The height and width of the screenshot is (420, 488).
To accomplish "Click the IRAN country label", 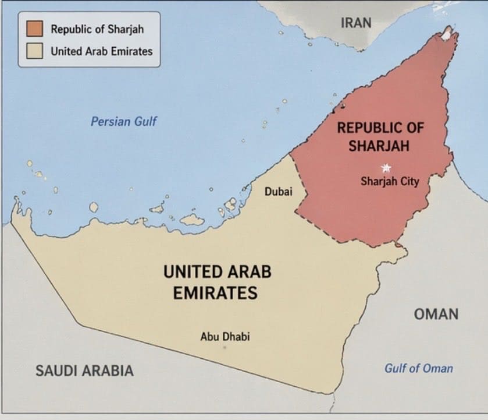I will (x=356, y=23).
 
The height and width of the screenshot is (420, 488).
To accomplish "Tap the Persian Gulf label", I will (x=123, y=122).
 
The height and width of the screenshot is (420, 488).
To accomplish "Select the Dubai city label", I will (x=278, y=191).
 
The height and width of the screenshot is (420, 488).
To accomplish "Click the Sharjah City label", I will (x=390, y=181).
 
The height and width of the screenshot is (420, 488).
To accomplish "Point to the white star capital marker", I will (x=385, y=168).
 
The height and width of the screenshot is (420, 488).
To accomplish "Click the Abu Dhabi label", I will (x=225, y=336).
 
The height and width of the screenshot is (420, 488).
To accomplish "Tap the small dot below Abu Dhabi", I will (x=225, y=348).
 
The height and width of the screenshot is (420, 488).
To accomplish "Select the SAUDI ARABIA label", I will (x=84, y=370).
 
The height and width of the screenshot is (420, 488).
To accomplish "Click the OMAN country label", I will (x=436, y=314).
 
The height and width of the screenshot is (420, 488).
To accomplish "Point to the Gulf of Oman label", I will (x=418, y=368).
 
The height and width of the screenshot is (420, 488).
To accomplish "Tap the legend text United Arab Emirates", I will (x=101, y=51).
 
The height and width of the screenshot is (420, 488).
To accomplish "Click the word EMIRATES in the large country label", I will (x=215, y=292).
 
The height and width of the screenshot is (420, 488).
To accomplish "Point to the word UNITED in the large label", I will (x=191, y=271).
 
